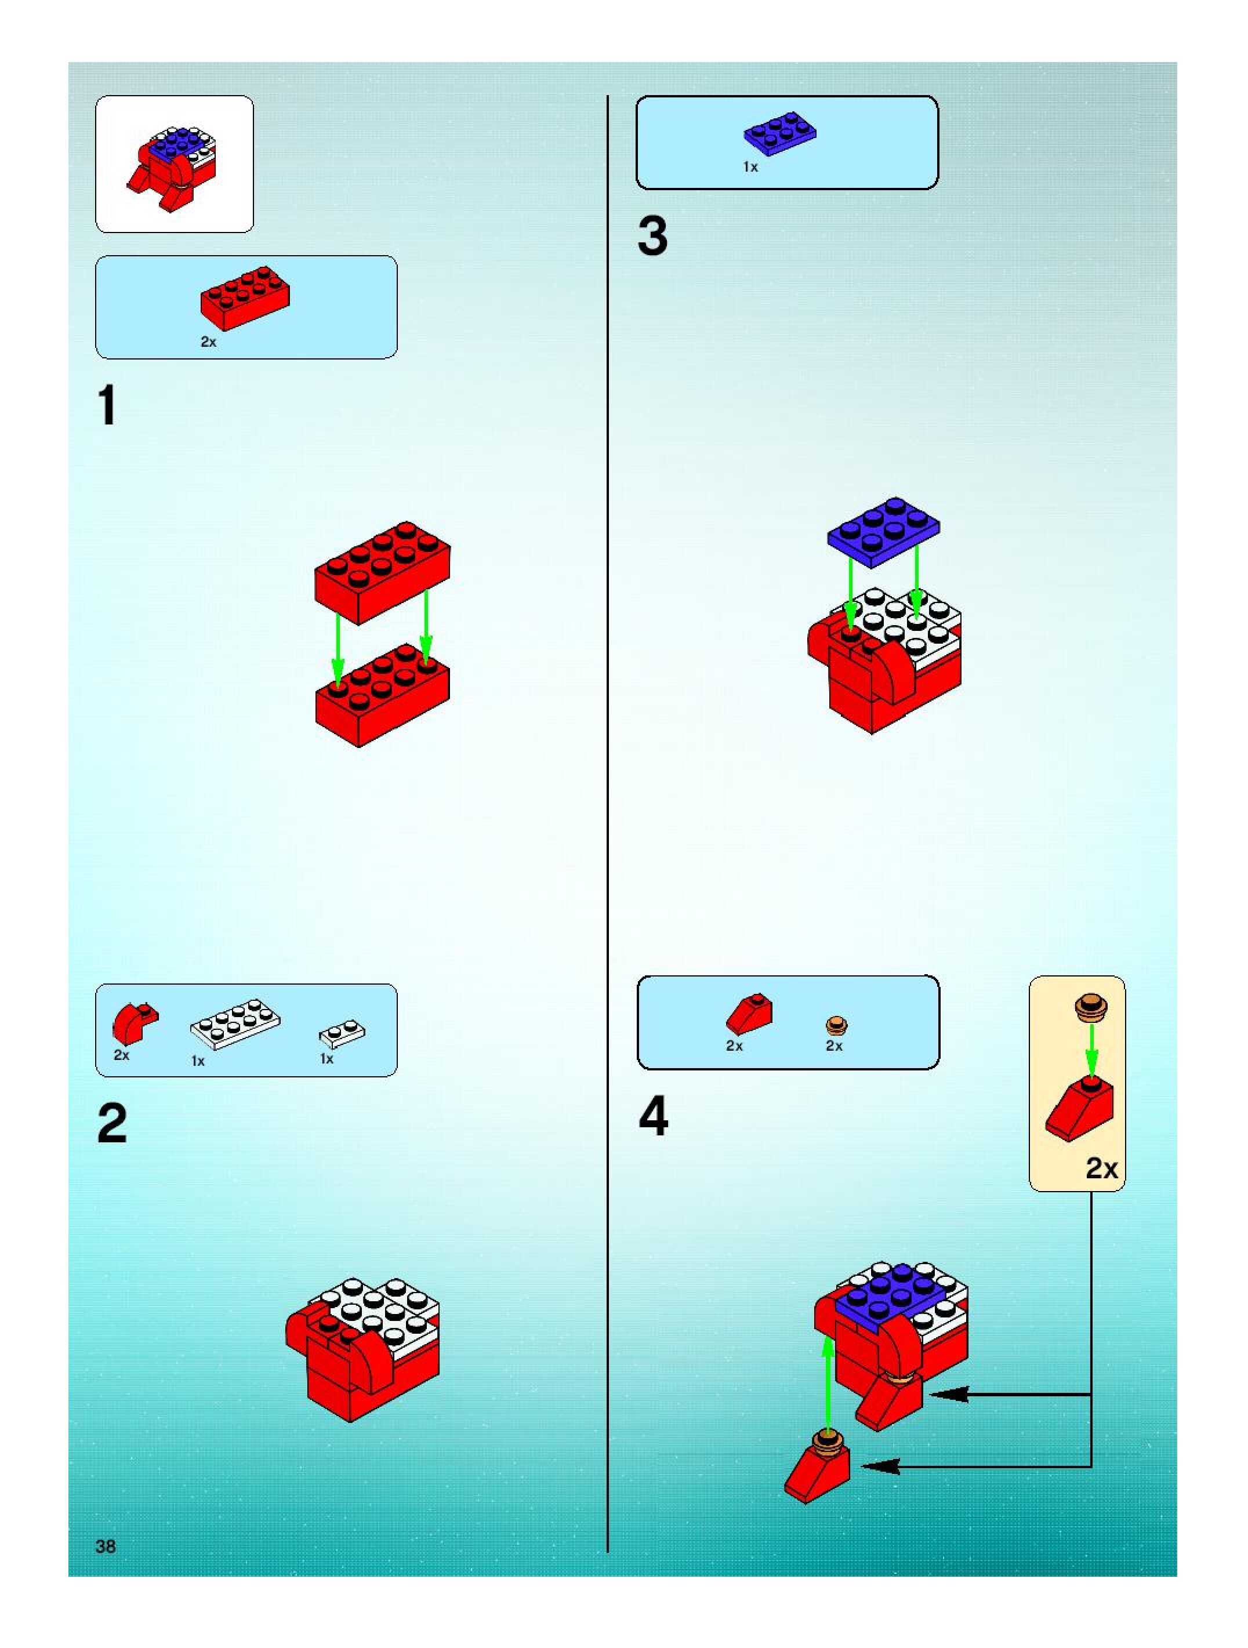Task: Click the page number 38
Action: [x=106, y=1546]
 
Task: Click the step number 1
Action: [x=108, y=406]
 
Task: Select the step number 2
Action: [x=112, y=1123]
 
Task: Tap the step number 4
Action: [x=654, y=1117]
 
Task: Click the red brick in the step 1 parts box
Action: [x=244, y=297]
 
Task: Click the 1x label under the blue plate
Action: [x=750, y=168]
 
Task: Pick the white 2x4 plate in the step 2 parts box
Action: [x=235, y=1023]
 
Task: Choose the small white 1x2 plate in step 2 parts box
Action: [x=342, y=1033]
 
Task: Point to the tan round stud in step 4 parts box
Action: [x=837, y=1026]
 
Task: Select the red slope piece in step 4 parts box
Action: [x=749, y=1012]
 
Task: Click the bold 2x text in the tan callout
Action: [x=1101, y=1167]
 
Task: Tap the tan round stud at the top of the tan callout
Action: [x=1091, y=1007]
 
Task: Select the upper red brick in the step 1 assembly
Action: [x=382, y=571]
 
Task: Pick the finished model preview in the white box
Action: [x=173, y=165]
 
